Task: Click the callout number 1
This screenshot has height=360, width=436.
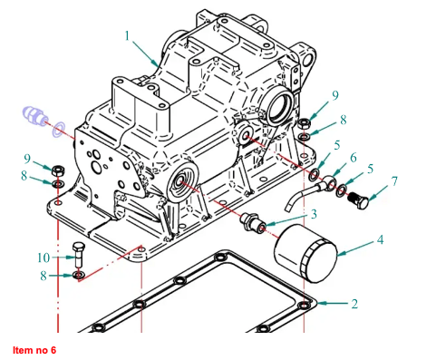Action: (x=127, y=36)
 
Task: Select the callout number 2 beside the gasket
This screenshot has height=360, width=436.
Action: (x=354, y=304)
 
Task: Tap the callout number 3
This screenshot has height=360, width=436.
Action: (x=314, y=214)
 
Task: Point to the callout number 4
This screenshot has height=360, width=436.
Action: (x=380, y=239)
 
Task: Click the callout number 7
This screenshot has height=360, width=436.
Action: (x=394, y=181)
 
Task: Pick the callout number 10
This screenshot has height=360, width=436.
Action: (x=44, y=258)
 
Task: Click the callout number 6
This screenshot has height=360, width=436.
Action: (x=353, y=158)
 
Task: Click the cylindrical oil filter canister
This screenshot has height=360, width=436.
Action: (x=305, y=253)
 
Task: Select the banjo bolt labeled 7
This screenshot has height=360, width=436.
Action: (x=358, y=200)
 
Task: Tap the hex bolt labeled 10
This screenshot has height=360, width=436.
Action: (x=78, y=254)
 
